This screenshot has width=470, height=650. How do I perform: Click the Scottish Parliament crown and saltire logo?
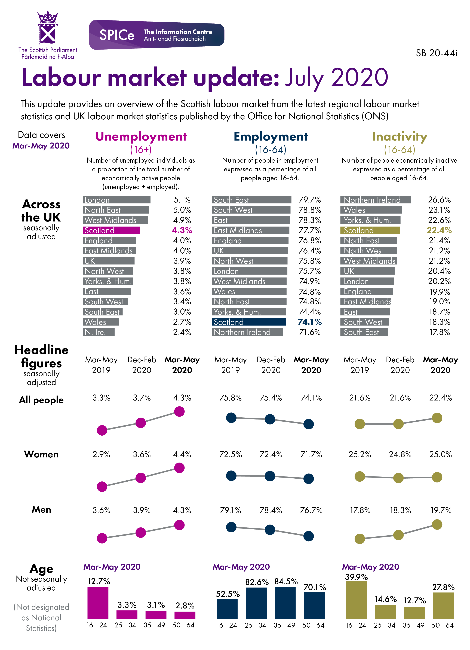pyautogui.click(x=48, y=28)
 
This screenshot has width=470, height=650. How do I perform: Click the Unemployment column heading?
pyautogui.click(x=141, y=137)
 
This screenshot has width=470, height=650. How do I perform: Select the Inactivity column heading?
pyautogui.click(x=399, y=137)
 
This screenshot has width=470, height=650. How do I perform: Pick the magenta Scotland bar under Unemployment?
pyautogui.click(x=111, y=230)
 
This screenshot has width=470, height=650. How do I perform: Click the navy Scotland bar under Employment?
pyautogui.click(x=249, y=322)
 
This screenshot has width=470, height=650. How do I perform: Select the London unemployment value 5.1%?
pyautogui.click(x=182, y=200)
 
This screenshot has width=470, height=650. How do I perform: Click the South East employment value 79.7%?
pyautogui.click(x=310, y=200)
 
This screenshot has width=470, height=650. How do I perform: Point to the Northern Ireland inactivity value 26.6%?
pyautogui.click(x=439, y=200)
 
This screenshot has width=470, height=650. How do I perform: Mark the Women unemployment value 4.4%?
pyautogui.click(x=182, y=454)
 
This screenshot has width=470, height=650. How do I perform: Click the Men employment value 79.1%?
pyautogui.click(x=231, y=510)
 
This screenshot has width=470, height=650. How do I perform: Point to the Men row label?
pyautogui.click(x=42, y=510)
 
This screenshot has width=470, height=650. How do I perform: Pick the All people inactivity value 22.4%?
pyautogui.click(x=440, y=398)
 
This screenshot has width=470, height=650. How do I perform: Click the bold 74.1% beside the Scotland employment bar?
pyautogui.click(x=310, y=322)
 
